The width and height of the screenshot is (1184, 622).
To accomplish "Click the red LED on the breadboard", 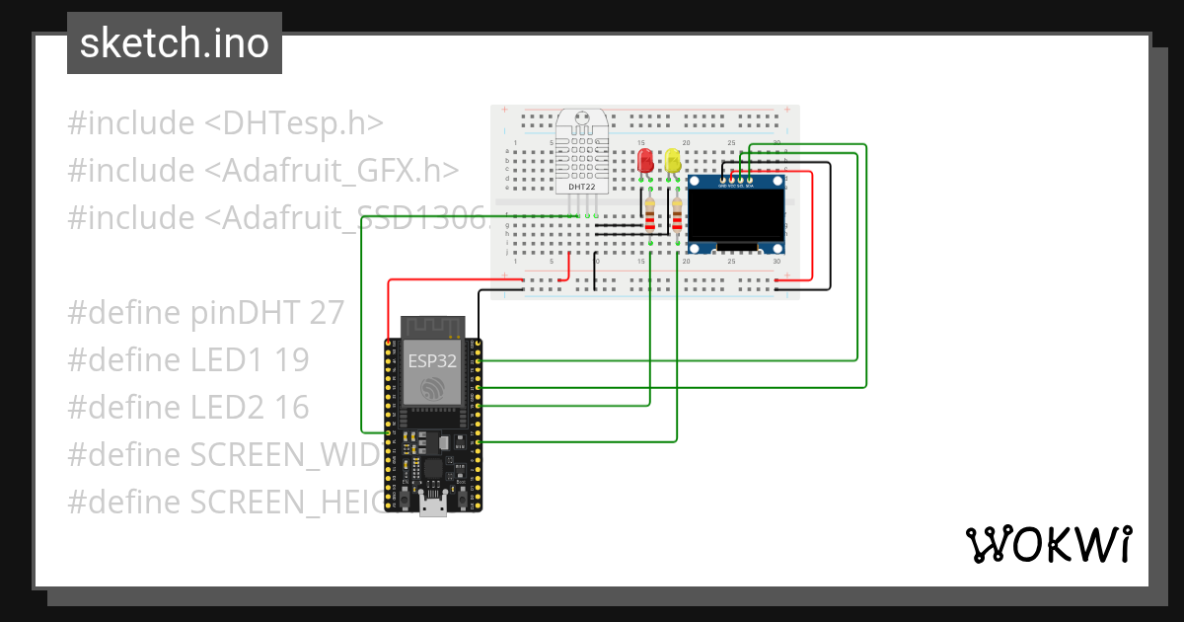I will pos(645,161).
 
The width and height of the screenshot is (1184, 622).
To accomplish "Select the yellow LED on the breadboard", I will pos(673,161).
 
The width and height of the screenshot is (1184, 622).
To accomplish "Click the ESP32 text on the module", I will pos(432,361).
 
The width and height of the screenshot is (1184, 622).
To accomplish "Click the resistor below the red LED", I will pos(650,213).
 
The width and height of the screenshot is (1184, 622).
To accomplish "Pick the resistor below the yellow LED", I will pos(678,213).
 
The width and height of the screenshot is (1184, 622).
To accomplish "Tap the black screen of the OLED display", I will pos(736,214).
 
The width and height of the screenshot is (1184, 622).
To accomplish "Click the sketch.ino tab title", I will pos(174,44).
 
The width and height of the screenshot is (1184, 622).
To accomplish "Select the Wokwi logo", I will pos(1048,544).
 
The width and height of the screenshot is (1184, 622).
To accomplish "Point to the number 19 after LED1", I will pos(292,360).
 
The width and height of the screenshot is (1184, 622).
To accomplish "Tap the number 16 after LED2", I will pos(292,407).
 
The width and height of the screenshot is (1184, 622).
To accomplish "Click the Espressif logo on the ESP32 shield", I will pos(432,389).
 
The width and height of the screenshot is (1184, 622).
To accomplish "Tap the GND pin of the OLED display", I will pos(722,181).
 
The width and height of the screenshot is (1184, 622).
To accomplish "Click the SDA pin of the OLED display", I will pos(750,181).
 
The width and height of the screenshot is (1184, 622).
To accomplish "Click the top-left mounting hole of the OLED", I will pos(695,182).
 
